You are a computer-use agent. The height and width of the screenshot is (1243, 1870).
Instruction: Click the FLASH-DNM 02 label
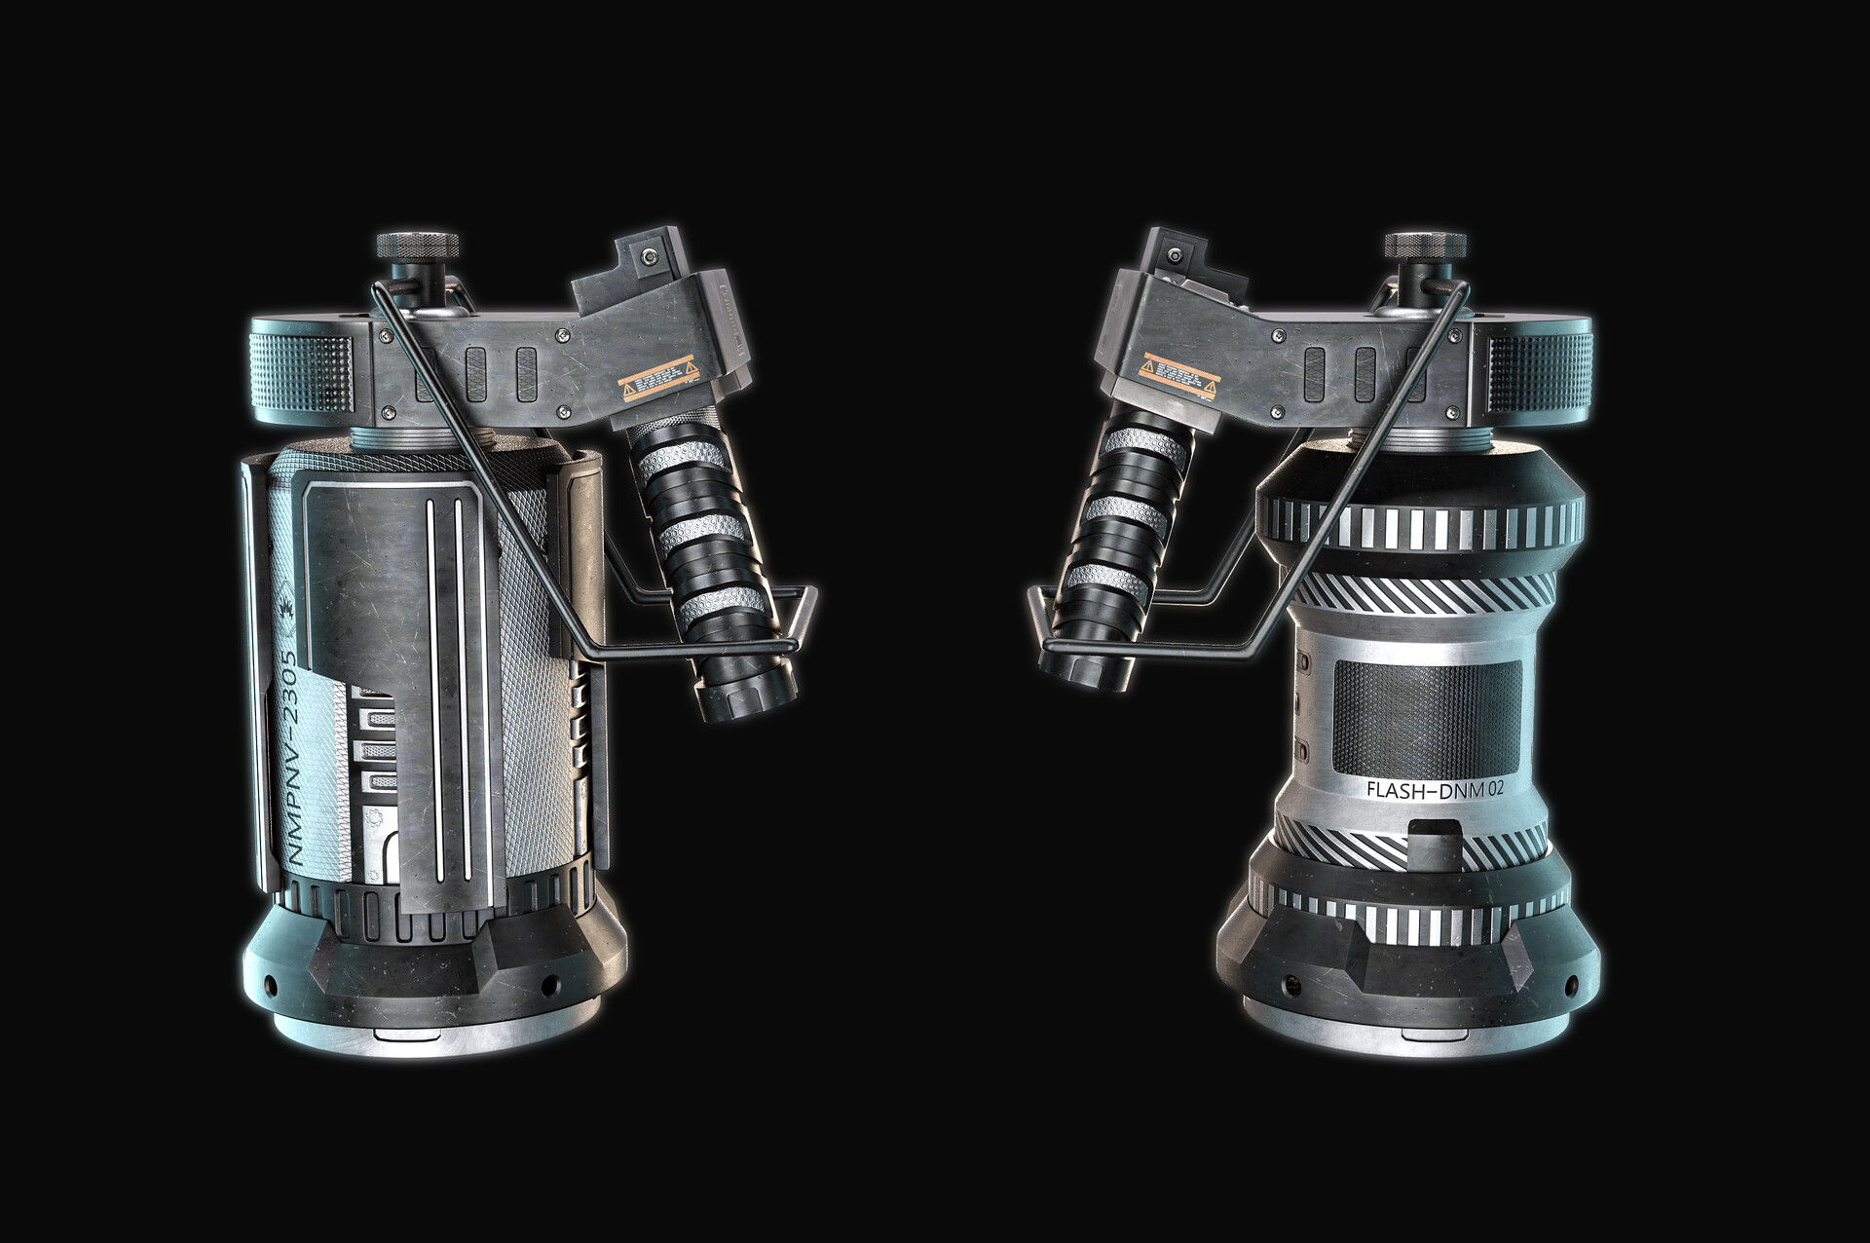coord(1435,789)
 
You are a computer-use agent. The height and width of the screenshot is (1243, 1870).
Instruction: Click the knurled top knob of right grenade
coord(1425,243)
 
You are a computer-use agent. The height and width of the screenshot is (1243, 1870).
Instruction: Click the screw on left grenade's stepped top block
coord(644,256)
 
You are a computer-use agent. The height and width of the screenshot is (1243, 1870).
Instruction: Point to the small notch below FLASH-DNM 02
coord(1435,834)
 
